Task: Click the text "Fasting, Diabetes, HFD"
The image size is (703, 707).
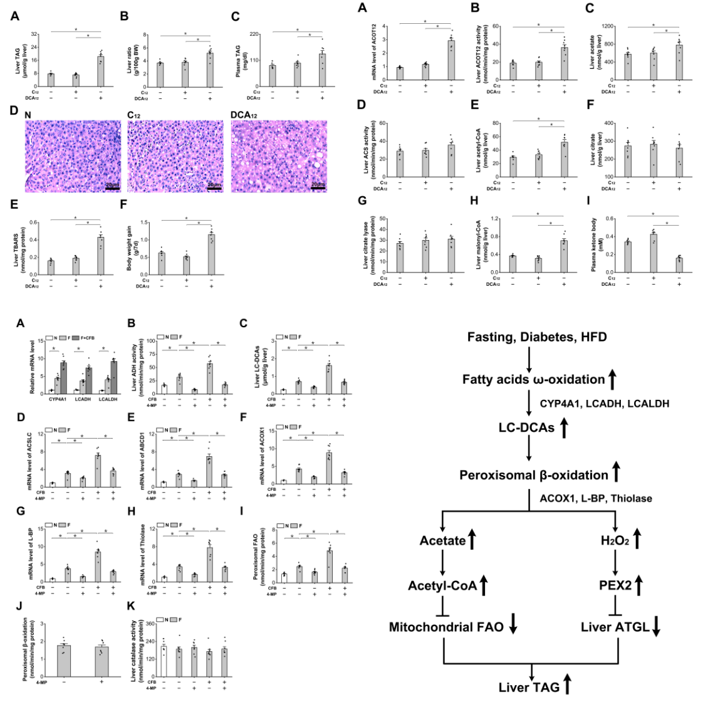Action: [x=537, y=337]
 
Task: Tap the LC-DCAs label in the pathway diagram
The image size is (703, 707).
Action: [x=526, y=428]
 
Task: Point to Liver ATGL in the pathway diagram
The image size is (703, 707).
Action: [x=615, y=627]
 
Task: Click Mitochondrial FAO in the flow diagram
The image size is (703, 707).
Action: [x=446, y=627]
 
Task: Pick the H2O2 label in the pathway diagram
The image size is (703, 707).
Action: [x=615, y=540]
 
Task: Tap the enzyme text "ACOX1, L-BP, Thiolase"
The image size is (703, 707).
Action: [x=596, y=499]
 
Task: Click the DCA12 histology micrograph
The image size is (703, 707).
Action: [x=279, y=156]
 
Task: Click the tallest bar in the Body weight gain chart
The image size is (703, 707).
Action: [x=211, y=254]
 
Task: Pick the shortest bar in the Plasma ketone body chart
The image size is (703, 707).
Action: [x=679, y=265]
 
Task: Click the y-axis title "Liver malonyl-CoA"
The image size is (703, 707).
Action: [x=479, y=245]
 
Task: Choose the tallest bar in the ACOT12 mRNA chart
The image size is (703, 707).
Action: [x=450, y=60]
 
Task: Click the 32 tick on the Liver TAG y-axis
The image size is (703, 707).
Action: [x=35, y=34]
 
